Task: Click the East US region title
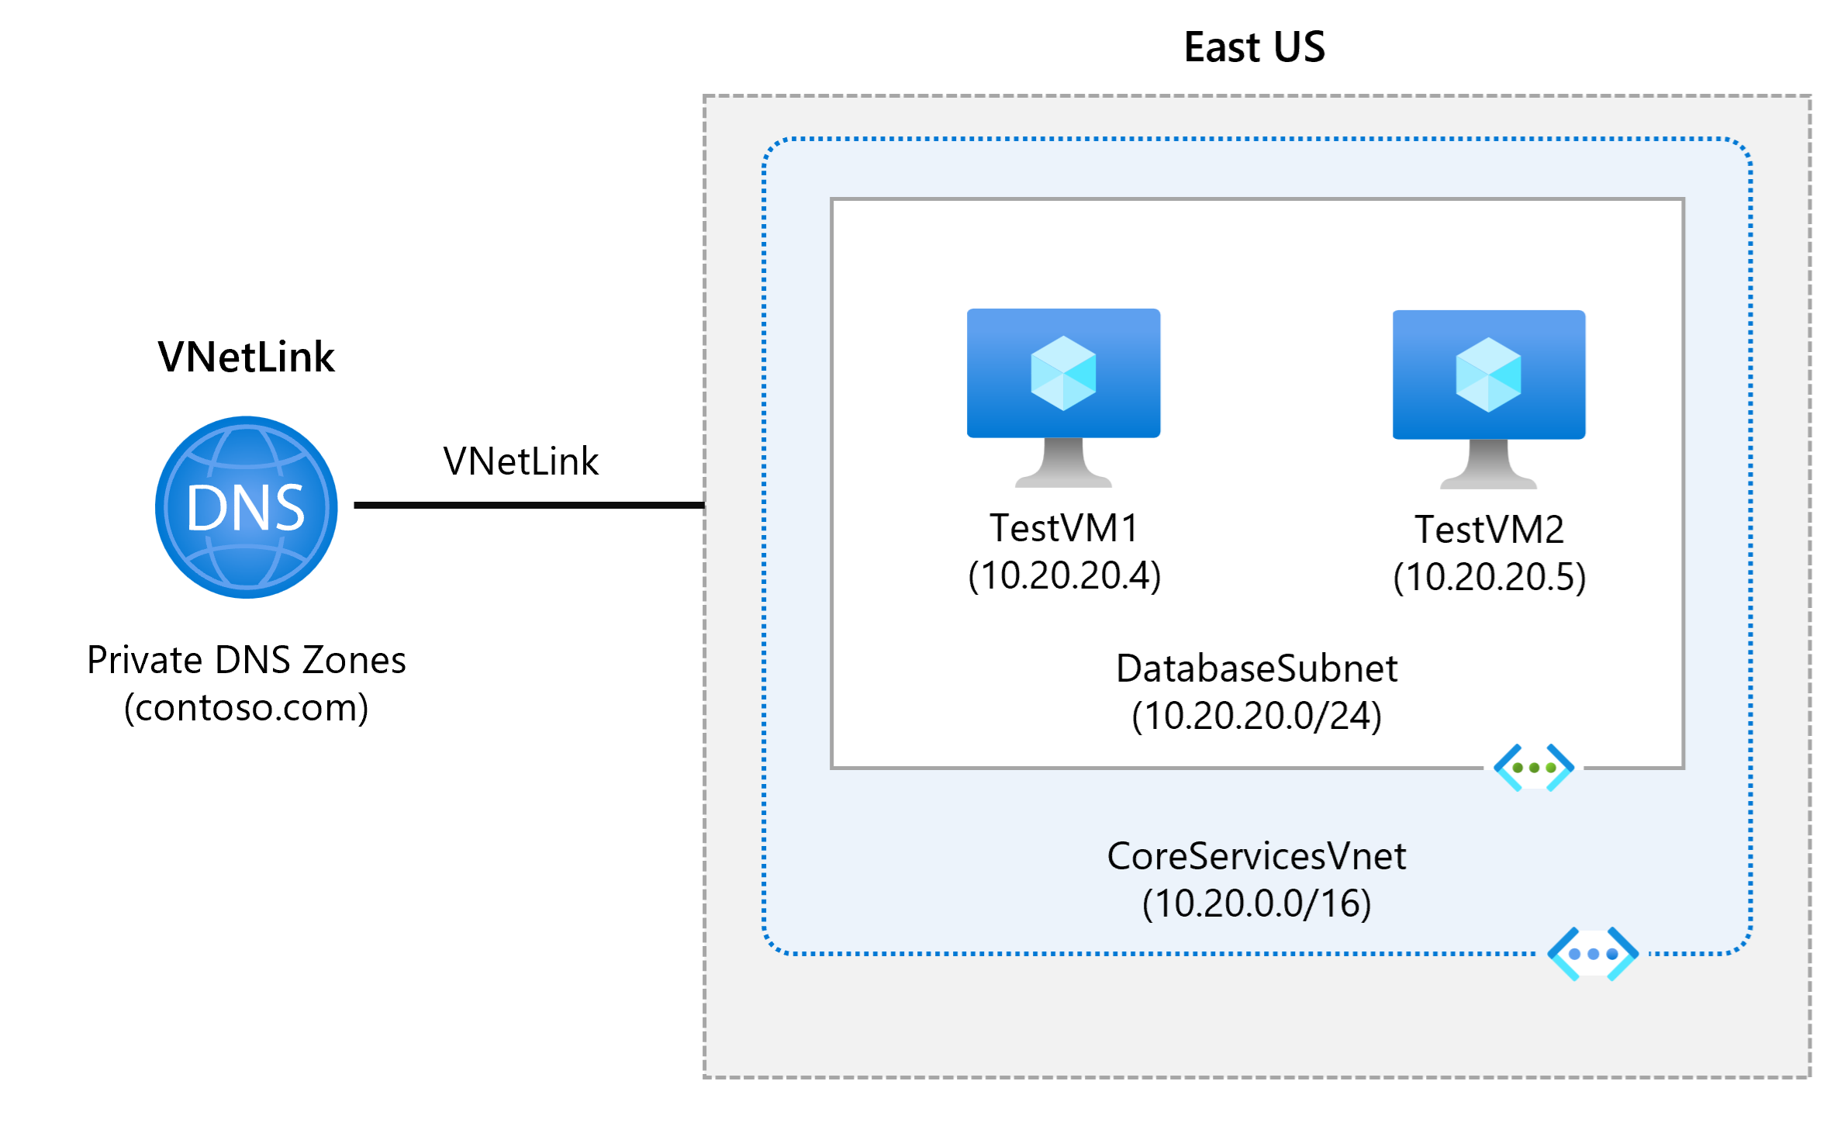point(1254,47)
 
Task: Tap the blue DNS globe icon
point(247,507)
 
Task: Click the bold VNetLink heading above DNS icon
point(246,357)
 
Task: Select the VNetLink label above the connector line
point(520,461)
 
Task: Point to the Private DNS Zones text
point(246,660)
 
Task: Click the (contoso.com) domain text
point(246,707)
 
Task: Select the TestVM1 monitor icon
point(1063,395)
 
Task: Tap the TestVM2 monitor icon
point(1488,397)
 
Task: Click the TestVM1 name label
point(1064,528)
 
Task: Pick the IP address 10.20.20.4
point(1064,575)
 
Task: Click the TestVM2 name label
point(1489,530)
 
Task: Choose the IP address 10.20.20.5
point(1489,577)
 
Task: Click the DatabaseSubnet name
point(1256,668)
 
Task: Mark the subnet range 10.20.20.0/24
point(1256,716)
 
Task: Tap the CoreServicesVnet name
point(1256,856)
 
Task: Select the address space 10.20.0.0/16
point(1256,903)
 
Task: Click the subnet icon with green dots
point(1534,768)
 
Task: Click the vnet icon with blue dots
point(1593,954)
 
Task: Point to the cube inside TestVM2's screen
point(1488,375)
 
